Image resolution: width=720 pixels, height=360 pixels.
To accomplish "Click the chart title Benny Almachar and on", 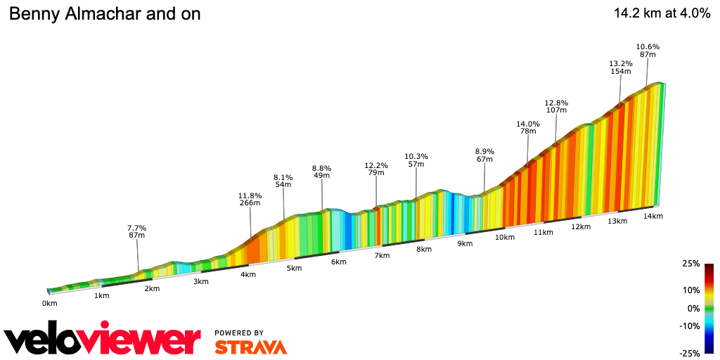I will [104, 14].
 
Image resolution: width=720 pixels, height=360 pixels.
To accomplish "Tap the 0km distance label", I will [49, 303].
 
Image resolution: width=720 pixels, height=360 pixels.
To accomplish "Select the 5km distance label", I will [293, 268].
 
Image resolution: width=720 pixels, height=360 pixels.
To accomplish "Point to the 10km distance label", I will [505, 238].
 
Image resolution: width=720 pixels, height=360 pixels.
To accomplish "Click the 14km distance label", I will [653, 216].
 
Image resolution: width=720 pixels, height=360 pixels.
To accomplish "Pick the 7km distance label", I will [382, 255].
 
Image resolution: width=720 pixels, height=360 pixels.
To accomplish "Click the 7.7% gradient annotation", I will [136, 229].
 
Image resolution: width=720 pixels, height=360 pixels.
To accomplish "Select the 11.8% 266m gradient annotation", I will [250, 199].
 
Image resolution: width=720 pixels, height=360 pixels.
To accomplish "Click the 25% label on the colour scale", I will [691, 264].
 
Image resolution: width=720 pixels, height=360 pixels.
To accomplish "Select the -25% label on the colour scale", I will [690, 354].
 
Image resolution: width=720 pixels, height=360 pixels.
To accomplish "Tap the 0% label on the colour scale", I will [693, 308].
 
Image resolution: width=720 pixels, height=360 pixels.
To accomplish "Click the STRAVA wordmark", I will [250, 347].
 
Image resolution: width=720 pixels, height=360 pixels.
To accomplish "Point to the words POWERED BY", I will [239, 333].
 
